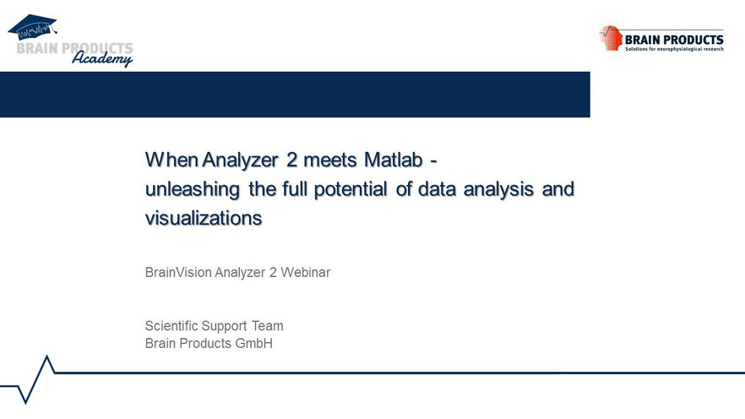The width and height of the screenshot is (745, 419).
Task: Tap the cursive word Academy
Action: point(102,58)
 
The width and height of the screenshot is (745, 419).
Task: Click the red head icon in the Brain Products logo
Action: point(611,38)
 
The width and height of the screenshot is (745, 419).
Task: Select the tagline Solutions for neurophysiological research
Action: point(674,49)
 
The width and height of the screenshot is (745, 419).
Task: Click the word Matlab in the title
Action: point(394,160)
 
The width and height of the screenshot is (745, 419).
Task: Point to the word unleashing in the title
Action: point(193,189)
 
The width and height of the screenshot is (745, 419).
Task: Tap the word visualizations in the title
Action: point(204,218)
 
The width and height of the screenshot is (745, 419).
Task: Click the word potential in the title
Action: point(351,189)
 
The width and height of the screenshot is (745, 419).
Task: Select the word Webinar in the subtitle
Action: point(305,272)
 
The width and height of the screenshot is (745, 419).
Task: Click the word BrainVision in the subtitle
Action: point(178,272)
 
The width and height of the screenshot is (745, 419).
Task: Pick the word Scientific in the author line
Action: point(171,326)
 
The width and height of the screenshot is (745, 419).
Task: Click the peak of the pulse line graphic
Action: point(46,356)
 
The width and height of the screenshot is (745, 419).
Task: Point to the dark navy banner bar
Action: point(295,95)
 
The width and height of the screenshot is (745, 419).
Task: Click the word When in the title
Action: point(171,160)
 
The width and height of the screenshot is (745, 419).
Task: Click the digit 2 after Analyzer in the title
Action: point(291,160)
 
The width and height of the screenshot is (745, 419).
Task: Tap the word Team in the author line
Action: point(268,326)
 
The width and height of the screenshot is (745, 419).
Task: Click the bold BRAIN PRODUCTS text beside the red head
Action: point(674,40)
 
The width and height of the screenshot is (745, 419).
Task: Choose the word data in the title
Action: point(438,189)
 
